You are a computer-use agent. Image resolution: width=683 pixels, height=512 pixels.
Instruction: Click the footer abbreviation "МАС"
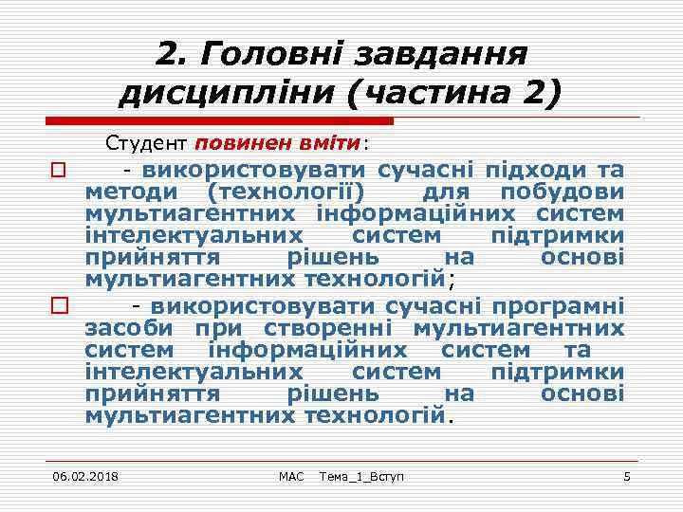pos(291,475)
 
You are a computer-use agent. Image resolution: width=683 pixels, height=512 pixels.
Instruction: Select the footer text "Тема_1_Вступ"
pos(361,475)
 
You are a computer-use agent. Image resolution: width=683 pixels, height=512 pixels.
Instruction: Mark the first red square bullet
pos(57,172)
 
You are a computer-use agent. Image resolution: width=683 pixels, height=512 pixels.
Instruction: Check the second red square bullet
pos(57,307)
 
